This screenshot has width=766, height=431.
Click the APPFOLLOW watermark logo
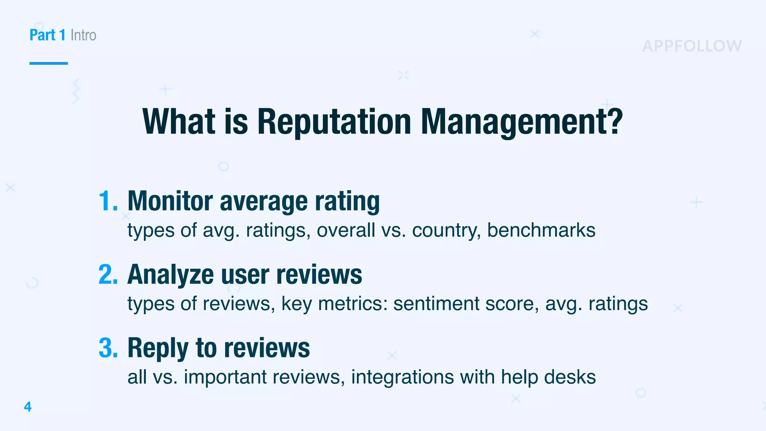(x=692, y=46)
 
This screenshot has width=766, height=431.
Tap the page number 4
(x=28, y=407)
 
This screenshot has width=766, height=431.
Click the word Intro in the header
(x=83, y=35)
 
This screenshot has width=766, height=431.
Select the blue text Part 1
(x=48, y=35)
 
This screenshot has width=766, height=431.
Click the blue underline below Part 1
(x=49, y=63)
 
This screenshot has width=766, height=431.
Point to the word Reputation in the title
(x=334, y=122)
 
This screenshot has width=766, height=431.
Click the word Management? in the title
(x=522, y=122)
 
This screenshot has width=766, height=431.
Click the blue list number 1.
(x=108, y=201)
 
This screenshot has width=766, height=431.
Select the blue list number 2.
(x=108, y=275)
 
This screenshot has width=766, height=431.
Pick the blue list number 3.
(x=108, y=348)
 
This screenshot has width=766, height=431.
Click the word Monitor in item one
(x=170, y=201)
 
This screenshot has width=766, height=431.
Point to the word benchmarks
(x=541, y=230)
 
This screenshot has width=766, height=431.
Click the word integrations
(x=402, y=377)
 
